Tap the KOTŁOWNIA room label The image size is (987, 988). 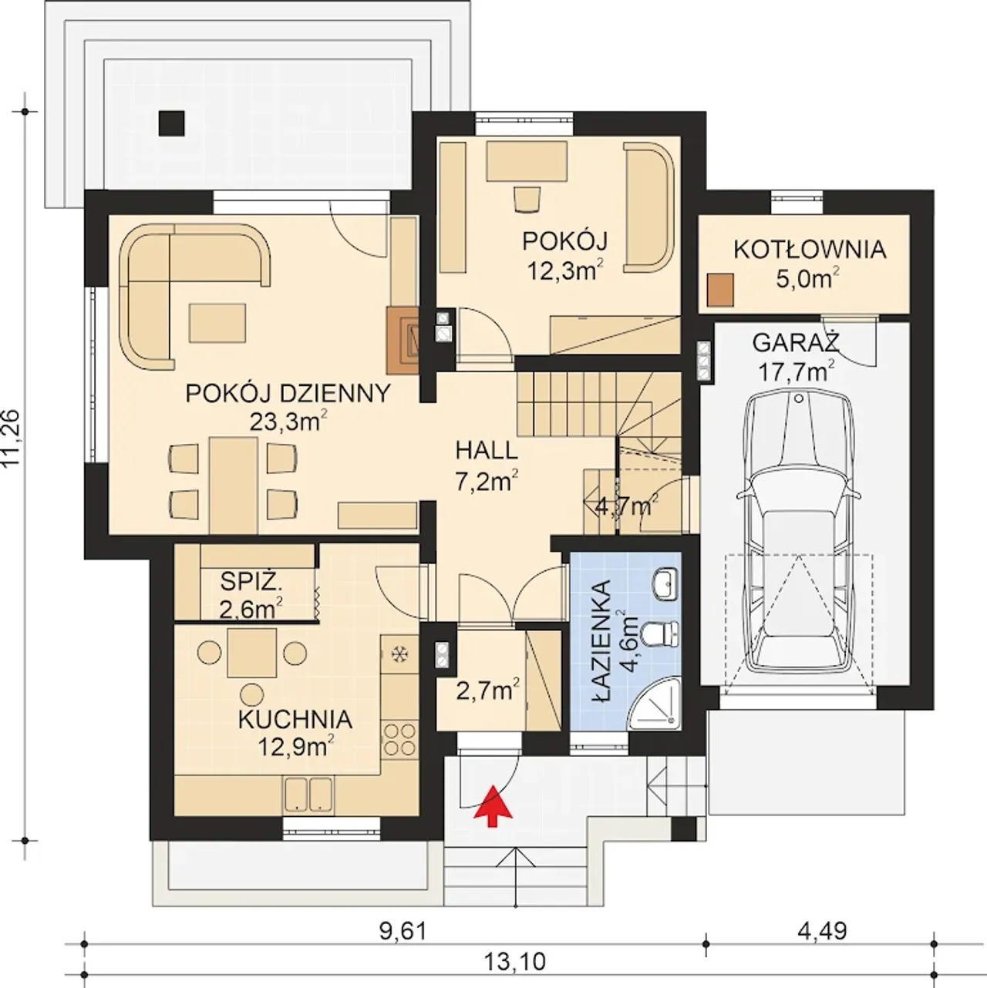(x=810, y=250)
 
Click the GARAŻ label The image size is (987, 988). (x=796, y=343)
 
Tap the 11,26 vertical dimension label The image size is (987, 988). (x=12, y=437)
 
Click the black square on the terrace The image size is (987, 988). (x=171, y=123)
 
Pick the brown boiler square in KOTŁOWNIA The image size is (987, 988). (x=720, y=290)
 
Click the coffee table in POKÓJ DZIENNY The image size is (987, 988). (x=217, y=322)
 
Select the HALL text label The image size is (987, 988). (x=487, y=451)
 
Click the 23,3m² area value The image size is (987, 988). (x=288, y=421)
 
